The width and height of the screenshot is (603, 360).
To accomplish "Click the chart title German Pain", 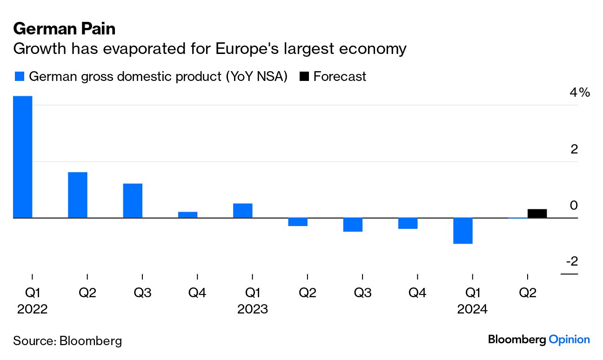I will (x=64, y=29).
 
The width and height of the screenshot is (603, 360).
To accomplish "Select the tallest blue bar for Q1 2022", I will (x=23, y=157).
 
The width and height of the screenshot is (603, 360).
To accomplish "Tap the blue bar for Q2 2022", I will (x=78, y=195).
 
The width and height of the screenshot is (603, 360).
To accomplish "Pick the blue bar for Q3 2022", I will (x=133, y=200).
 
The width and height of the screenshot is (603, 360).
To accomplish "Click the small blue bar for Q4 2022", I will (x=188, y=215).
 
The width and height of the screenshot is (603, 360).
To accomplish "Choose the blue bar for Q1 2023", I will (x=242, y=211).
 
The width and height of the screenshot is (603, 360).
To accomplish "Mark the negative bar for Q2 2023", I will (x=297, y=222).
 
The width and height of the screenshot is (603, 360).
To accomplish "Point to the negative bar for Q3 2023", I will (x=352, y=225).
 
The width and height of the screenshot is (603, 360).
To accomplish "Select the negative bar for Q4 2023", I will (x=407, y=223).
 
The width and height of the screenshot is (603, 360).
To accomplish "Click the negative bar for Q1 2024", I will (x=463, y=231).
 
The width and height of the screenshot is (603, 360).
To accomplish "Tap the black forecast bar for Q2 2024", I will (x=537, y=213).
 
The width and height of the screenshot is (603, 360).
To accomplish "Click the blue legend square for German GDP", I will (x=19, y=77).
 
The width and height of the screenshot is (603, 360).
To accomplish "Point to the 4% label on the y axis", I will (x=580, y=93).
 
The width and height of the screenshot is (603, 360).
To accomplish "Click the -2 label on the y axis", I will (x=571, y=261).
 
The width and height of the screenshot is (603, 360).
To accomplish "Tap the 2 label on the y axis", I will (x=574, y=149).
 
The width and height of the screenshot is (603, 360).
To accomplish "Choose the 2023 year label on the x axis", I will (x=252, y=309).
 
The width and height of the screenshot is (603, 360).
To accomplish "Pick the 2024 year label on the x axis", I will (x=472, y=309).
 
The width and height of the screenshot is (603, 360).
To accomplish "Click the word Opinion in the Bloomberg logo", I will (x=569, y=340).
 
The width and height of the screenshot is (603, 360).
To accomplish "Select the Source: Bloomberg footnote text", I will (x=67, y=341).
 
